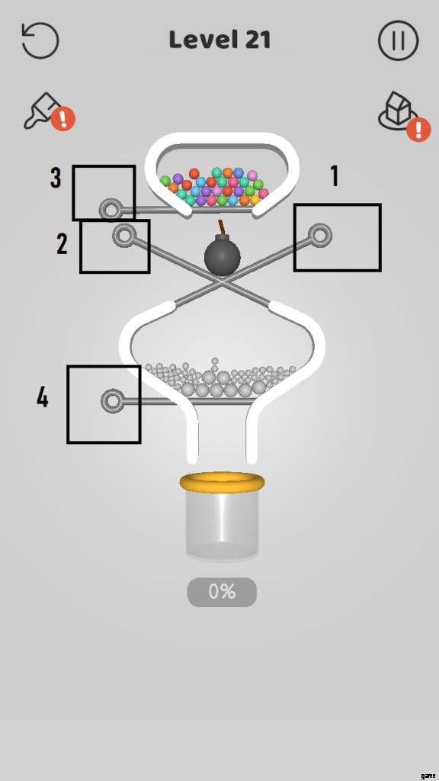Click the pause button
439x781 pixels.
click(x=398, y=40)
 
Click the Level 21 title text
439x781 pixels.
click(x=219, y=40)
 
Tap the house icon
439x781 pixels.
click(x=395, y=111)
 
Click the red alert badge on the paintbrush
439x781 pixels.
click(x=62, y=119)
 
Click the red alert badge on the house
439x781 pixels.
click(x=418, y=130)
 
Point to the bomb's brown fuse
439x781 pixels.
click(x=221, y=227)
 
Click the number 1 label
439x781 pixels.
click(x=335, y=176)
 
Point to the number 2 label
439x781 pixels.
click(x=62, y=244)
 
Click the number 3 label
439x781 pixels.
click(x=56, y=178)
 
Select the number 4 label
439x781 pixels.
click(x=43, y=397)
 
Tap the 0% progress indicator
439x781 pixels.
click(x=222, y=592)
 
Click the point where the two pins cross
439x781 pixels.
click(x=222, y=281)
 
